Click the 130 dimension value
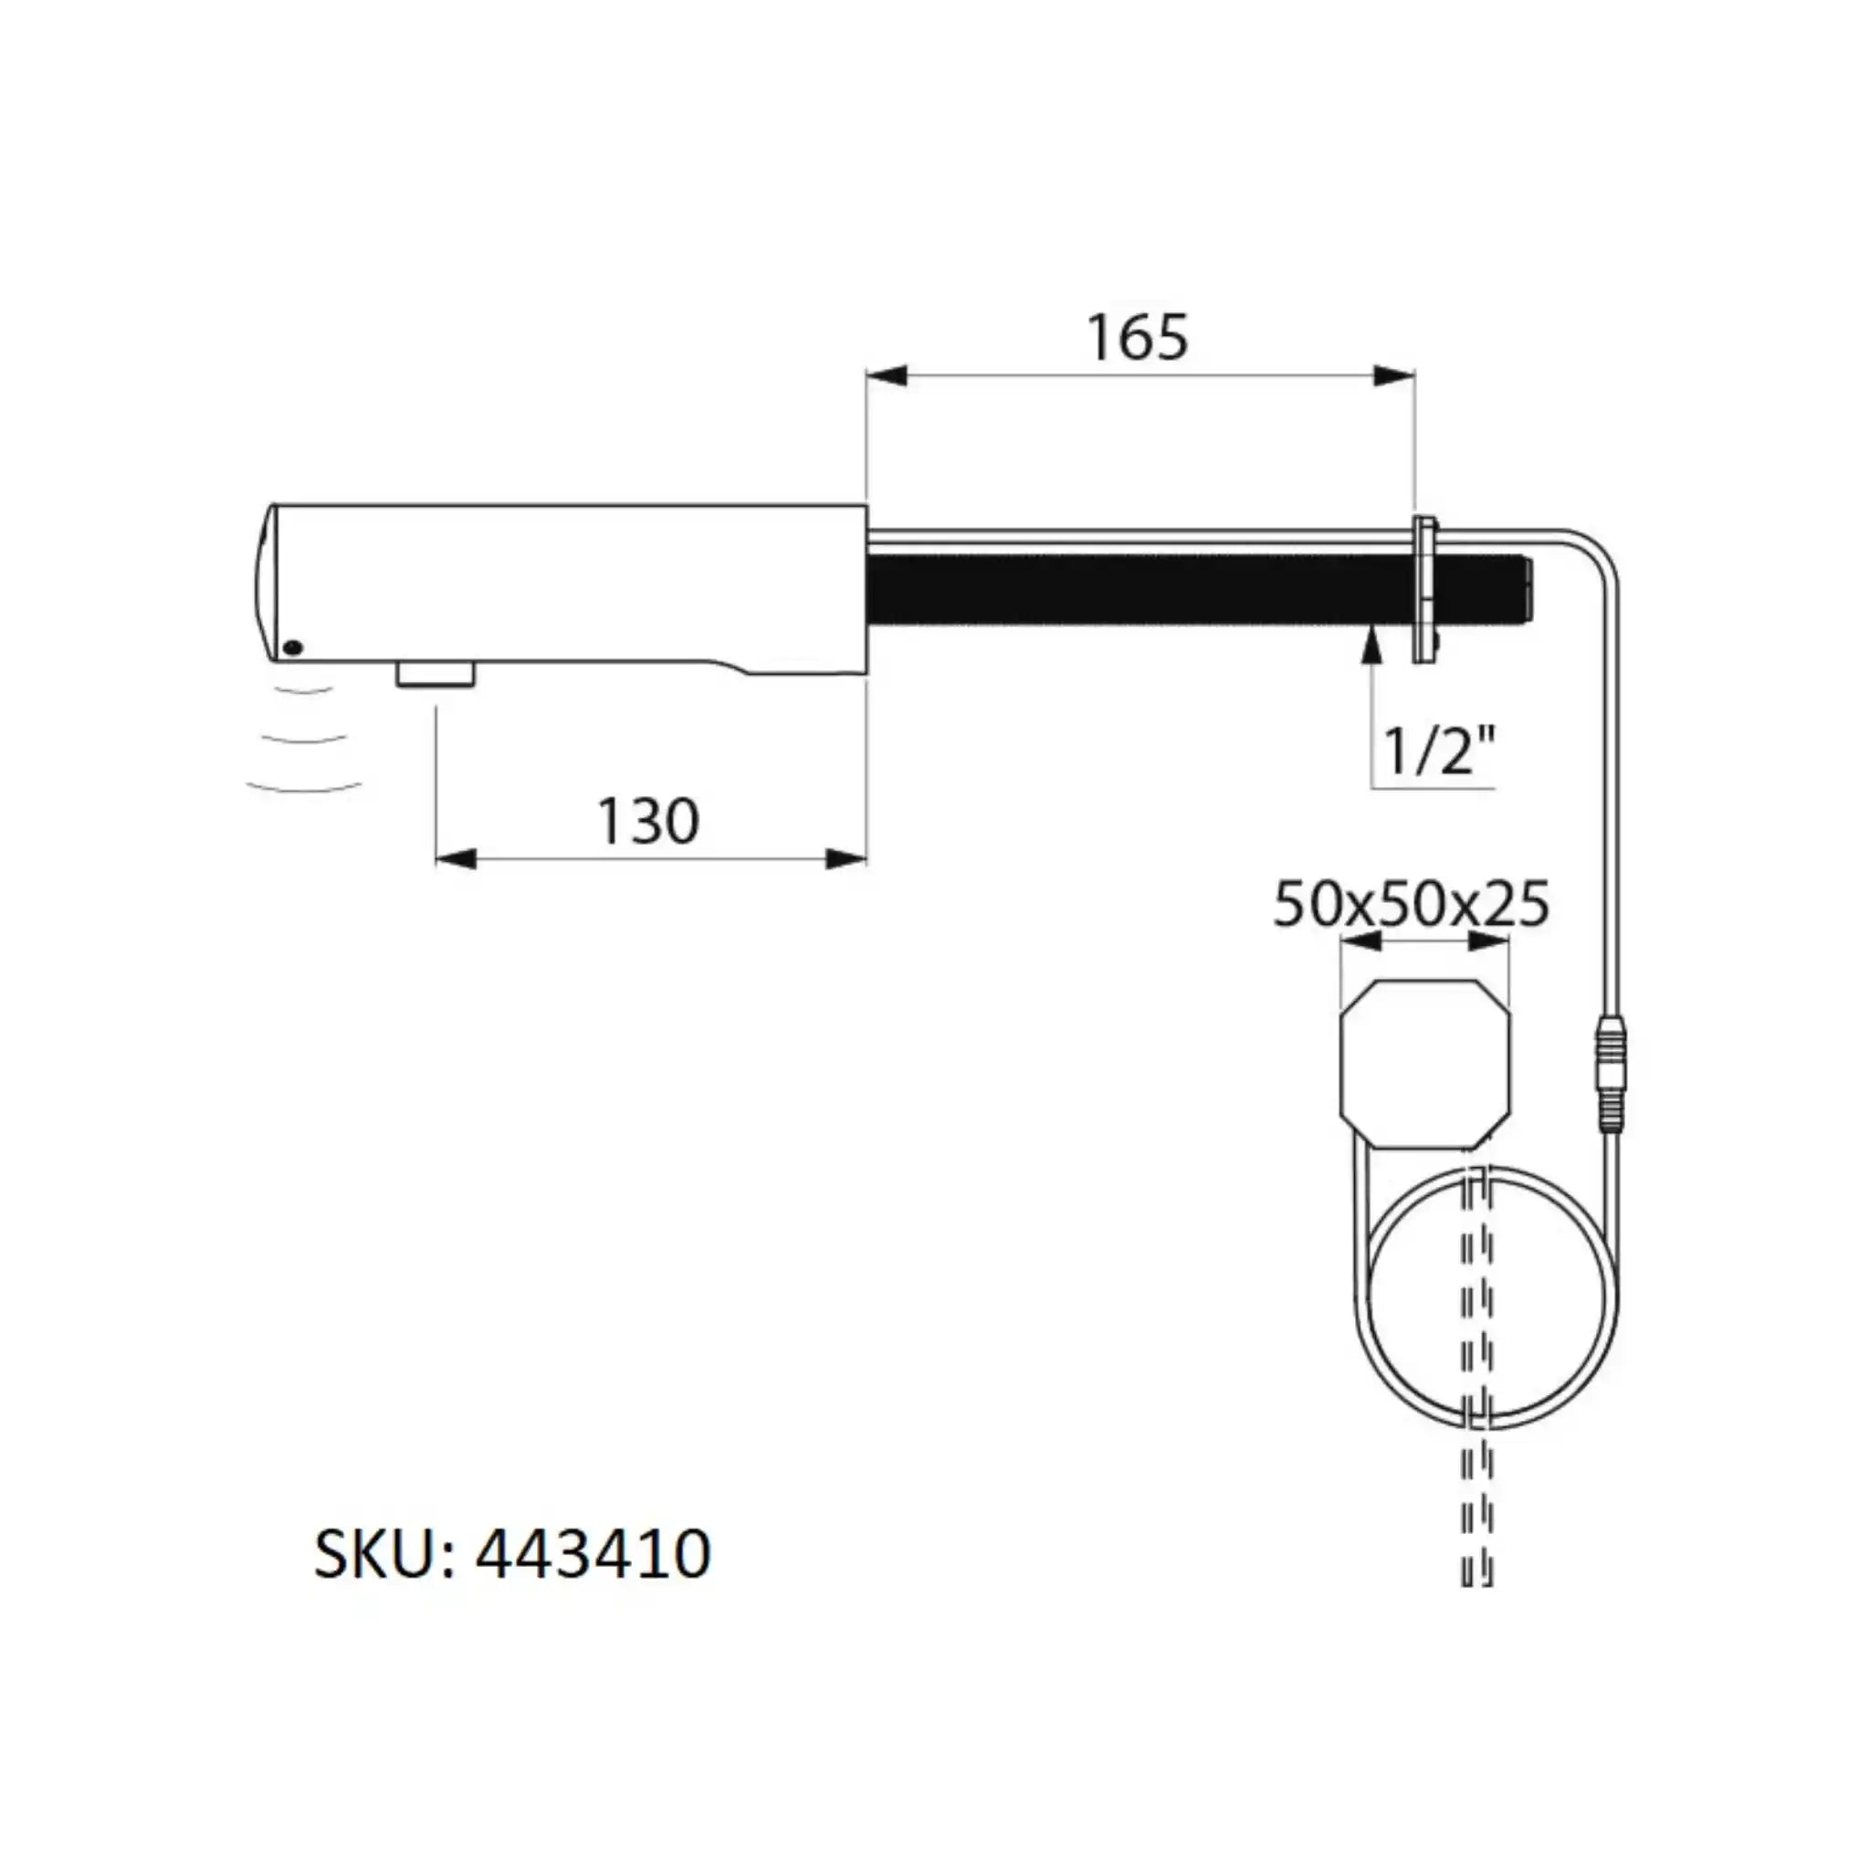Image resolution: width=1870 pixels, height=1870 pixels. click(x=647, y=822)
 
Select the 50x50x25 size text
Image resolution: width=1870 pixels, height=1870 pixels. click(x=1410, y=904)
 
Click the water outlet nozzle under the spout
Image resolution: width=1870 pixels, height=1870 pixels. click(x=436, y=674)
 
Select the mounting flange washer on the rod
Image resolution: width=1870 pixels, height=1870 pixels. click(x=1424, y=591)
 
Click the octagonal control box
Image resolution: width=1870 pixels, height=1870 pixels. click(x=1424, y=1064)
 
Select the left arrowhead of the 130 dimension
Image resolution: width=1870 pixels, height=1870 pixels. click(x=456, y=858)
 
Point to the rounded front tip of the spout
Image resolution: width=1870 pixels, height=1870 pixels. click(x=263, y=581)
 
